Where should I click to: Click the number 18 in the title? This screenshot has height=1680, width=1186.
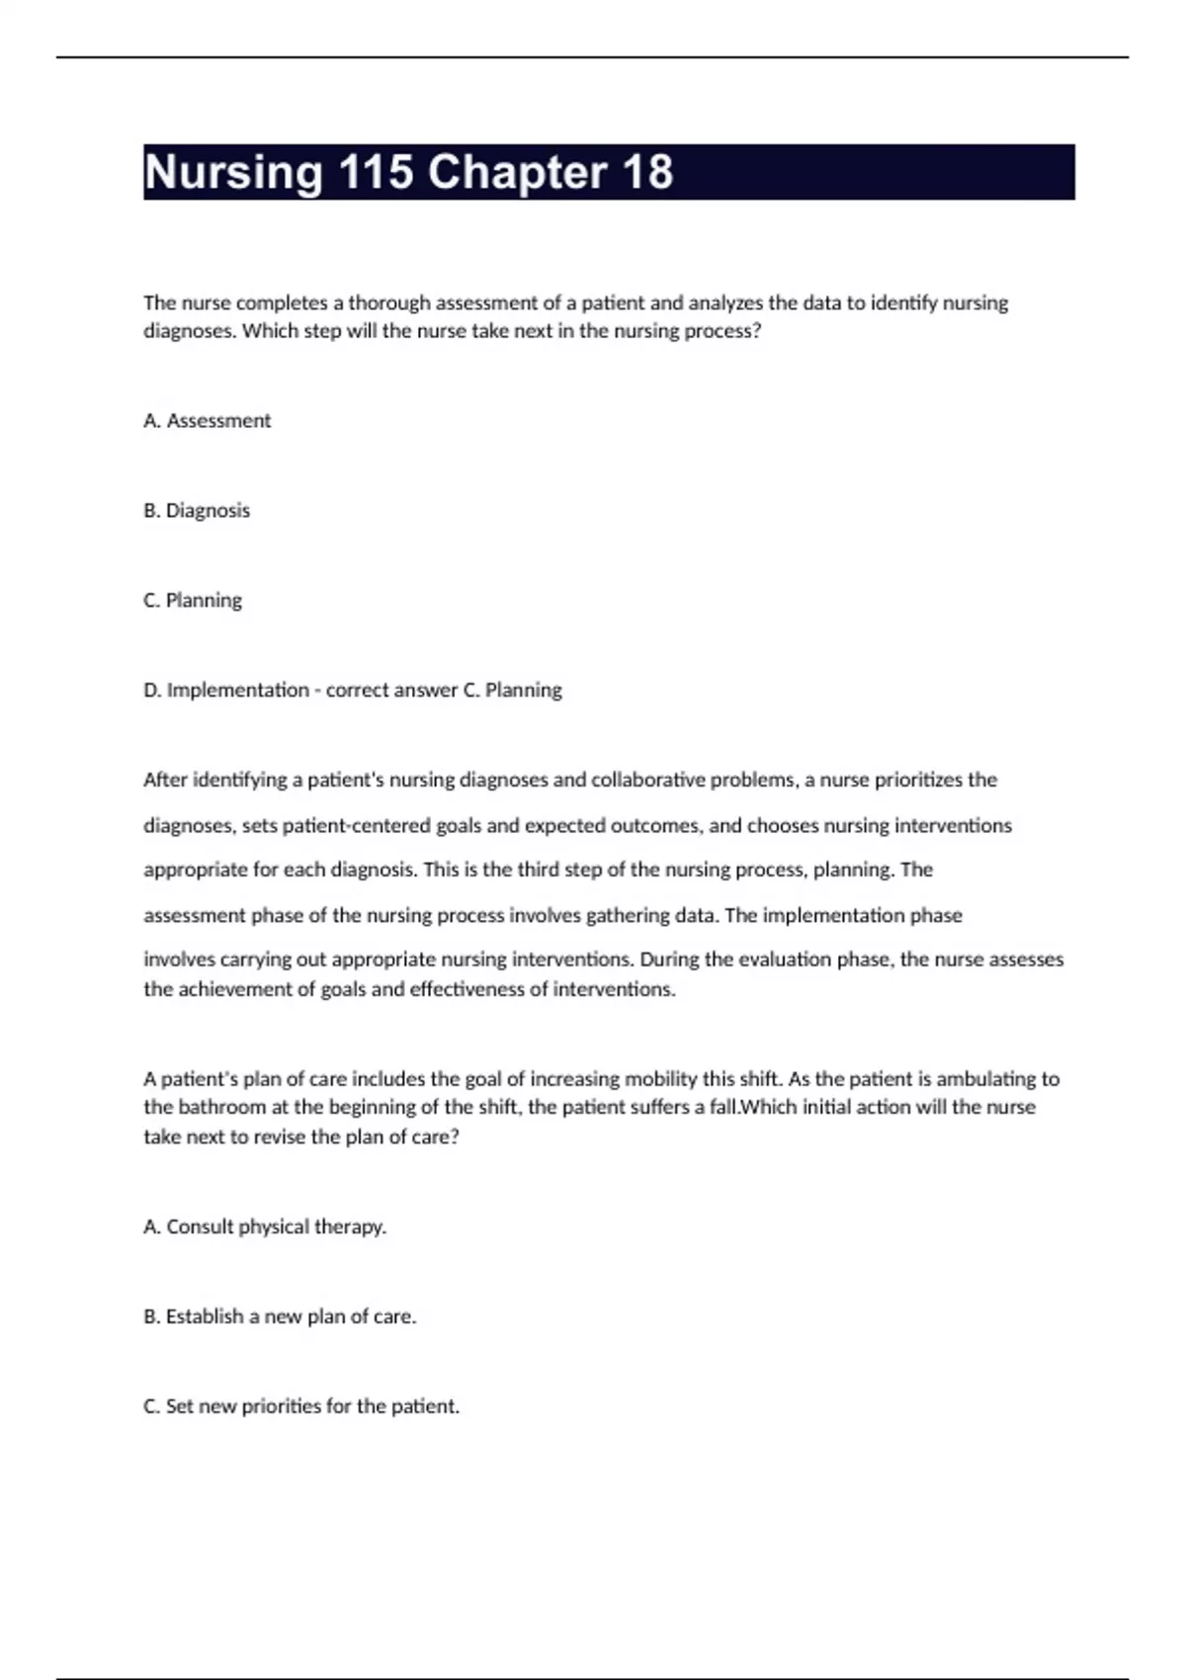[646, 173]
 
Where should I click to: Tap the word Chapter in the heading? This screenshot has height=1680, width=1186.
[517, 173]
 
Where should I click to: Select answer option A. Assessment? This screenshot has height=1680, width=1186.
[207, 421]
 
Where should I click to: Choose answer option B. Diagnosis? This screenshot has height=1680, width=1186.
[197, 511]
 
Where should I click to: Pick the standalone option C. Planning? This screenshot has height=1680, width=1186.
[193, 601]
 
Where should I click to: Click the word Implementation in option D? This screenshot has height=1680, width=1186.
[237, 690]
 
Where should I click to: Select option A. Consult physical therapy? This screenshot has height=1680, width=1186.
[265, 1226]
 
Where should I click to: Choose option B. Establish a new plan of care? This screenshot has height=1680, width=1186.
[280, 1316]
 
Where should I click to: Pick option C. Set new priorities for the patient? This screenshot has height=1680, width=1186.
[301, 1406]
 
